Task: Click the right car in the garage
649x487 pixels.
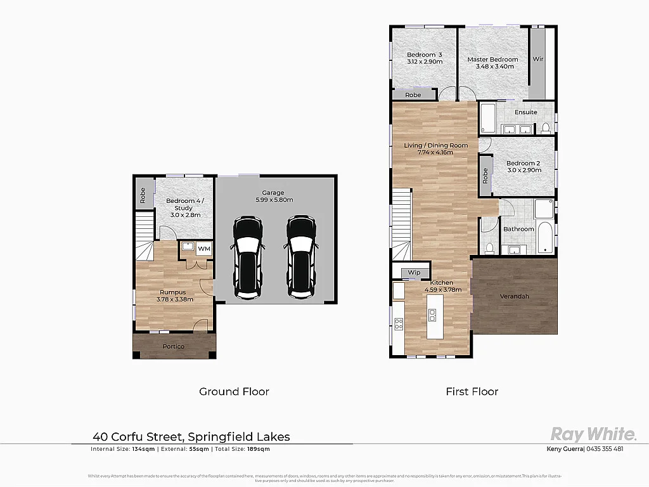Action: [301, 257]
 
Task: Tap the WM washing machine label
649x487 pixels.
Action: [204, 249]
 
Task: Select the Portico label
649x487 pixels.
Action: [173, 346]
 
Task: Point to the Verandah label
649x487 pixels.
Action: [514, 296]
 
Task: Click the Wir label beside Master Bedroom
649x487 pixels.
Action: [537, 59]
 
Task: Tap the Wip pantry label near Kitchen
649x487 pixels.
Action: [414, 273]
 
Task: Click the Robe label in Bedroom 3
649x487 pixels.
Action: [413, 95]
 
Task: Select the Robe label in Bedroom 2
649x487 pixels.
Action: [485, 176]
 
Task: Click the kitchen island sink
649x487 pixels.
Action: [432, 315]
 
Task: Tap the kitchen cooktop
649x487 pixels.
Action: [399, 323]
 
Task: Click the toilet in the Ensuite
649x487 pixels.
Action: [546, 128]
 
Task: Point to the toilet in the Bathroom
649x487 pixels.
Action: [490, 247]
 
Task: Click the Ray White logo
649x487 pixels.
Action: [593, 434]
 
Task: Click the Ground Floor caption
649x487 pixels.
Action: [234, 391]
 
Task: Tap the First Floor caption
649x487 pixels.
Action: [472, 391]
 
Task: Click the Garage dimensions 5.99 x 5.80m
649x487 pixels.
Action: [273, 200]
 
